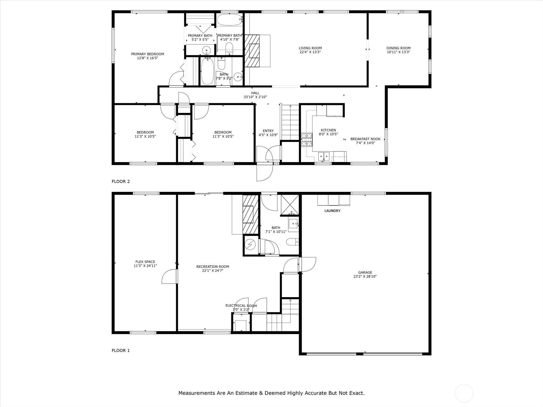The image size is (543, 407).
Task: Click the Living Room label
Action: [310, 48]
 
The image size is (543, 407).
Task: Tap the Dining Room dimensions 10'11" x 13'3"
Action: [398, 52]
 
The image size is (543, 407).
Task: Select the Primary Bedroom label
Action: [147, 54]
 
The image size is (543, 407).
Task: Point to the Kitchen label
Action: [328, 130]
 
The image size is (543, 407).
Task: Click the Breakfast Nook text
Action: [366, 139]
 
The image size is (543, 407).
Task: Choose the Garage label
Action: [365, 273]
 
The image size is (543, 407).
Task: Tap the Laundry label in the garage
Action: [332, 211]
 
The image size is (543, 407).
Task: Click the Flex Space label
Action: [145, 262]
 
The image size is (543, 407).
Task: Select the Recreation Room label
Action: [212, 267]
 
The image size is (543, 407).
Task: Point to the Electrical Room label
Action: [241, 306]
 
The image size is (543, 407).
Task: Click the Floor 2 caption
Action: [120, 181]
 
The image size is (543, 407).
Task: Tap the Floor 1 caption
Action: [120, 350]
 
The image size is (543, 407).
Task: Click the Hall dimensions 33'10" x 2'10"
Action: [255, 97]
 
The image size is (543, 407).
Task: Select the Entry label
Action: [268, 131]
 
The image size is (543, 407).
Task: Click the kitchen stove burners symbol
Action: [306, 140]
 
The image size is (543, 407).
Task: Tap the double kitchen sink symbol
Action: [323, 156]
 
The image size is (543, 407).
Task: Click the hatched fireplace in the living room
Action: [252, 51]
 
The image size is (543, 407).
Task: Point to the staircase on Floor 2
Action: [290, 122]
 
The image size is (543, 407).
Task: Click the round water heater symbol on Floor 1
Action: [250, 245]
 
